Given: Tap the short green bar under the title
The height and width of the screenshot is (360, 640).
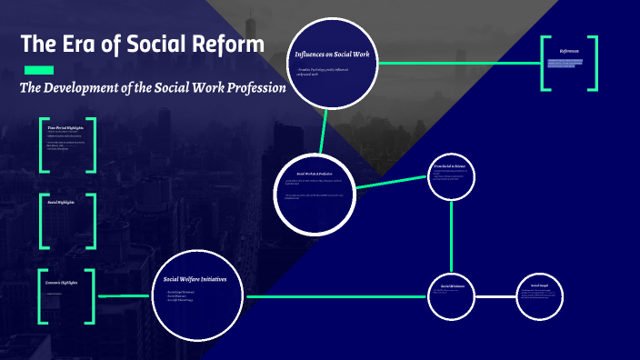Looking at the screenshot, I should click(39, 70).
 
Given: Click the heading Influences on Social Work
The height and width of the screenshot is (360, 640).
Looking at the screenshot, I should click(331, 55).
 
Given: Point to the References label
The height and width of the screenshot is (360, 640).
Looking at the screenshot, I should click(569, 52).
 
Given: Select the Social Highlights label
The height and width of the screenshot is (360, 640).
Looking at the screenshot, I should click(61, 202).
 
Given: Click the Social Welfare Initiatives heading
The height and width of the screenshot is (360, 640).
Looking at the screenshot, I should click(202, 279).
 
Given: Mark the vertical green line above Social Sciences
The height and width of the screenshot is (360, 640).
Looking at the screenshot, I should click(452, 236).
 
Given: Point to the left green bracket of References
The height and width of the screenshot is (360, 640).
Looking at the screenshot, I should click(545, 64).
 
